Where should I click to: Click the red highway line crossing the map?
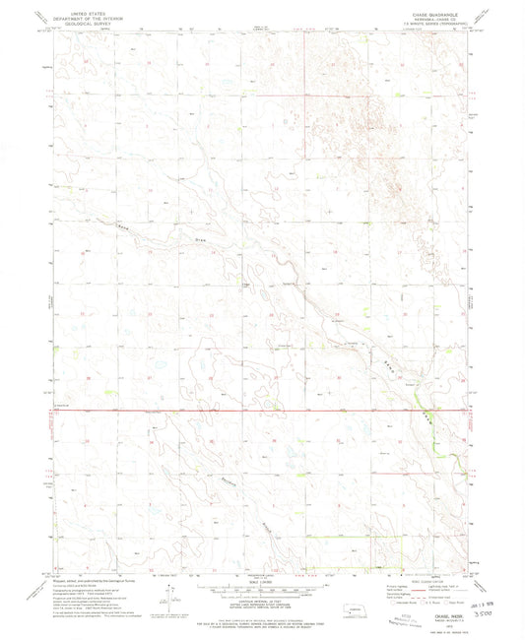[246, 410]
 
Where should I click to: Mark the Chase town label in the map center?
[248, 286]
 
